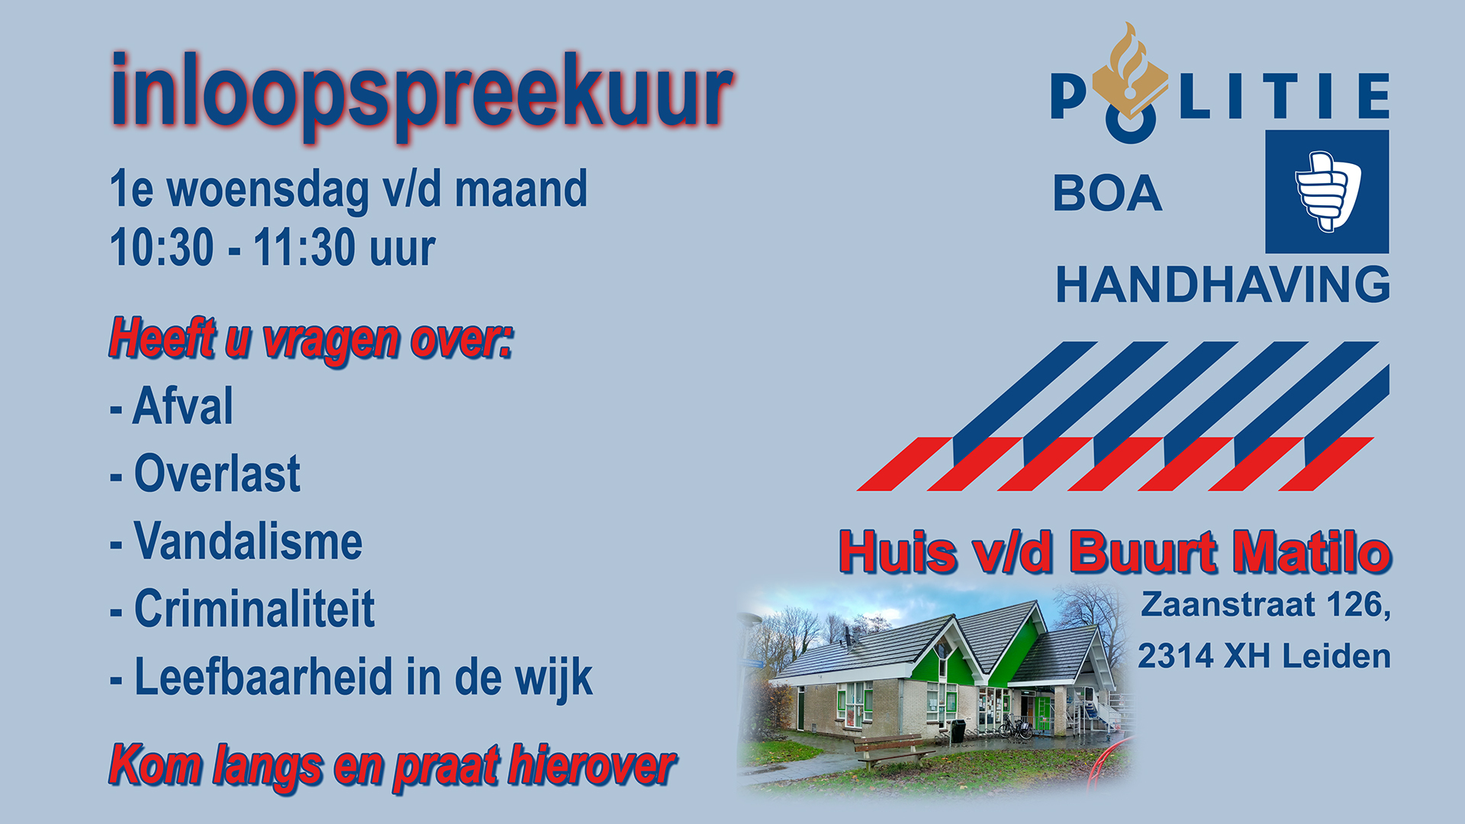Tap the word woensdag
267,191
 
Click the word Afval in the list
183,406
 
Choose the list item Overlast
217,473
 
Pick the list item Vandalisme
249,541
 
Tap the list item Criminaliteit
255,609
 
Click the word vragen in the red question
330,340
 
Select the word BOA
1107,194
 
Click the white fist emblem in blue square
1328,191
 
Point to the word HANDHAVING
1222,285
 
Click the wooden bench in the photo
893,748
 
